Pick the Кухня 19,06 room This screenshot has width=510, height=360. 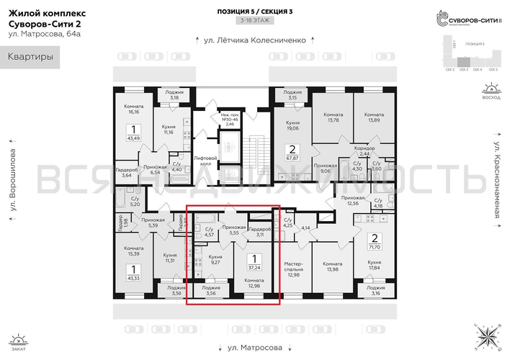[x=292, y=126]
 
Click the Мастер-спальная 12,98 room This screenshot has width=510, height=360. [x=292, y=267]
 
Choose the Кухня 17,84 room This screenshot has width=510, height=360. [x=375, y=267]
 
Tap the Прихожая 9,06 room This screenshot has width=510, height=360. [x=325, y=168]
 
